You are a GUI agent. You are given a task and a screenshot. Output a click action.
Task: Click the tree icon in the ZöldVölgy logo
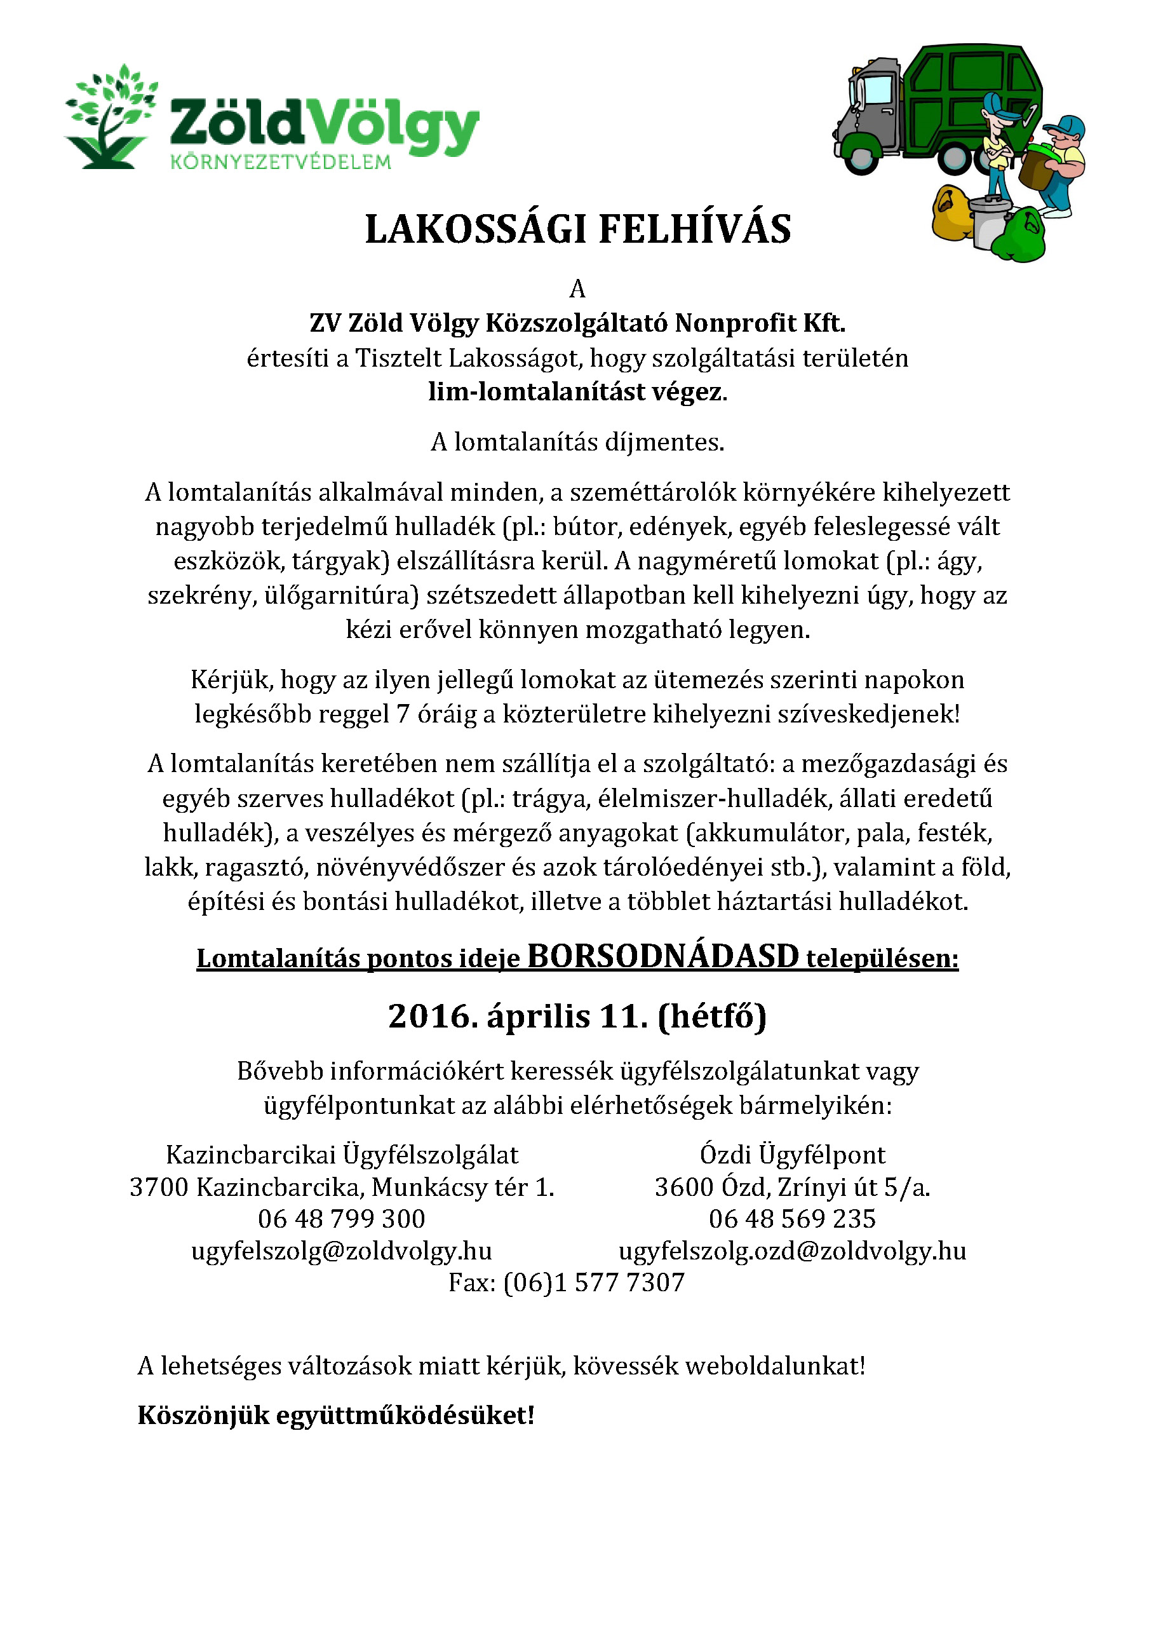click(x=111, y=118)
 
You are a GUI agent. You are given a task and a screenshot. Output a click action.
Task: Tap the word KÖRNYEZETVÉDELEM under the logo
click(x=281, y=163)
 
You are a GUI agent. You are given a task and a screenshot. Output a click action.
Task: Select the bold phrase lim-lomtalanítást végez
click(x=577, y=391)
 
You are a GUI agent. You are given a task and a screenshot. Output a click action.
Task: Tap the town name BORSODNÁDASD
click(x=662, y=956)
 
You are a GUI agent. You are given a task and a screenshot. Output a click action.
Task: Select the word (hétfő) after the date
click(x=712, y=1016)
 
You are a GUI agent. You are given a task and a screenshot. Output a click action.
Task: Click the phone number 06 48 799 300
click(x=342, y=1218)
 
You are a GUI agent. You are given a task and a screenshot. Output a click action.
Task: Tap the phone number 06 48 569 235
click(x=792, y=1218)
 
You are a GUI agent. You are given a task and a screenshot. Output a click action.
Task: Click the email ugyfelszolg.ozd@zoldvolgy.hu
click(x=792, y=1251)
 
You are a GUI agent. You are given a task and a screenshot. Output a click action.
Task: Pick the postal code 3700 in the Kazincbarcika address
click(x=159, y=1187)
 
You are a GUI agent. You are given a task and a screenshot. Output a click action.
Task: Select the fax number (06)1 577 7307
click(x=594, y=1282)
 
